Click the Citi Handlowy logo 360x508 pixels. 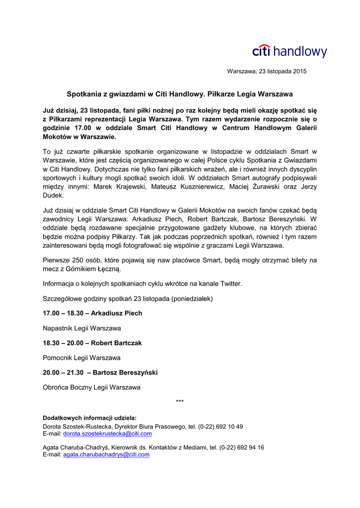pyautogui.click(x=289, y=51)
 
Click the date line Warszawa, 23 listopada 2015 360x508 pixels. pyautogui.click(x=267, y=71)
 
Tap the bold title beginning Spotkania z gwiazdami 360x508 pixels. pyautogui.click(x=180, y=93)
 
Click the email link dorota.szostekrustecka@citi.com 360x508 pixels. pyautogui.click(x=107, y=434)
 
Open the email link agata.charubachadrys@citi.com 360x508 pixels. pyautogui.click(x=106, y=454)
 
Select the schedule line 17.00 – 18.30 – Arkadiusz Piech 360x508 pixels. pyautogui.click(x=92, y=313)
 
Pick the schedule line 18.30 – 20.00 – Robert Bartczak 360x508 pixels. pyautogui.click(x=92, y=343)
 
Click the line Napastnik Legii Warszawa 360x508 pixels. pyautogui.click(x=82, y=328)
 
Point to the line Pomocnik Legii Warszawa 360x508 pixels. pyautogui.click(x=81, y=358)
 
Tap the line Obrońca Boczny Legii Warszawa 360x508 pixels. pyautogui.click(x=91, y=387)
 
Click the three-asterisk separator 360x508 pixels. pyautogui.click(x=180, y=401)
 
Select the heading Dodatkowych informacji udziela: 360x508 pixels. pyautogui.click(x=89, y=418)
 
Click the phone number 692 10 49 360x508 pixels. pyautogui.click(x=229, y=427)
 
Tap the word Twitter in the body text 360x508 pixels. pyautogui.click(x=230, y=284)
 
